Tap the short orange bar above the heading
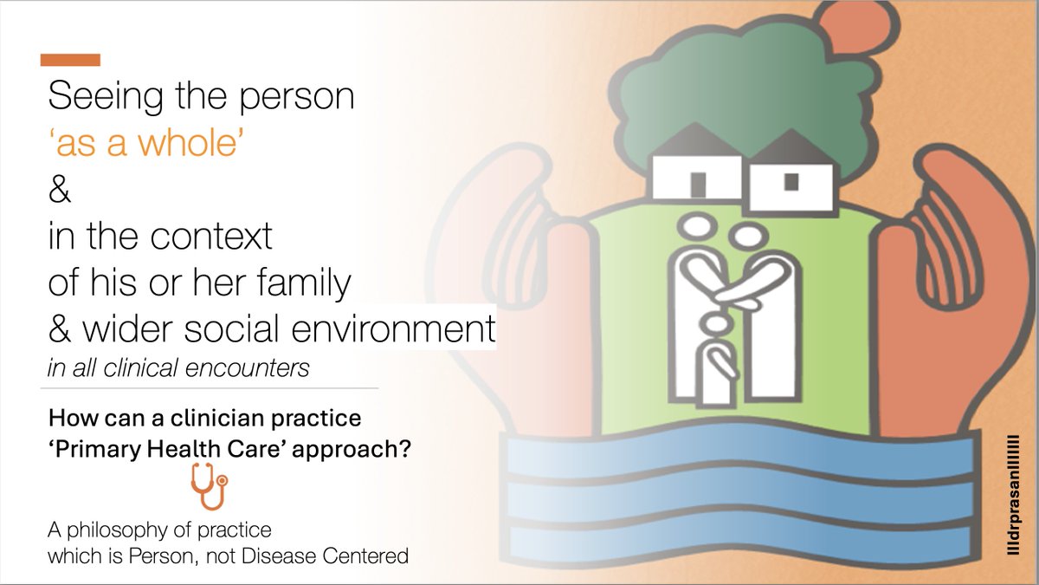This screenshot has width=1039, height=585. point(70,60)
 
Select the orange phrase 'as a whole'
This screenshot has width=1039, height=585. point(145,145)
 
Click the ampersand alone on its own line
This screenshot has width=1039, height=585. point(59,192)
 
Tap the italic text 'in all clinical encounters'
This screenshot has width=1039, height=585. point(178,367)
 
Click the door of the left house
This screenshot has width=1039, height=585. point(698,184)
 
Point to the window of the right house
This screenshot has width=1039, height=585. point(791,181)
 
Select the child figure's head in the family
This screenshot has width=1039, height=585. point(715,324)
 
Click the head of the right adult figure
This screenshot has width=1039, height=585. point(744,235)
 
